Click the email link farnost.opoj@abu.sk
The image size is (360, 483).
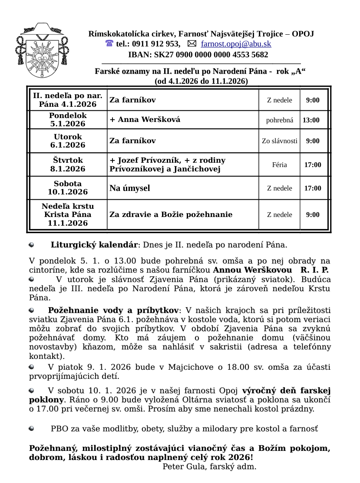[236, 44]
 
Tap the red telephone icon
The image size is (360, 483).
[109, 44]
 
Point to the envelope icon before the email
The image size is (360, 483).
[192, 44]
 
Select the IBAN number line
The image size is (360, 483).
[198, 55]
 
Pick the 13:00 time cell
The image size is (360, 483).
[311, 120]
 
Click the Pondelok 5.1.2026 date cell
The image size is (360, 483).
[68, 120]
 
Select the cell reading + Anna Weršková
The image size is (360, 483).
[145, 120]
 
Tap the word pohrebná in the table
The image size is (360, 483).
[280, 120]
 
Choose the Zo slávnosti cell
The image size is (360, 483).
[280, 141]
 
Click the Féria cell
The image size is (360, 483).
[280, 165]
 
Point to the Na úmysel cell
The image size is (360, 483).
[130, 188]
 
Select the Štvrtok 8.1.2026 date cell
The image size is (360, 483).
[68, 164]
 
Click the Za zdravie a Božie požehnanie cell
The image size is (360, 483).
[171, 214]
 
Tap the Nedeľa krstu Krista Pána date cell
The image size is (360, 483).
[68, 214]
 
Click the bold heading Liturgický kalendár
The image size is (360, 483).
[94, 245]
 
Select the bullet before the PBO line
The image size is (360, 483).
[32, 429]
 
